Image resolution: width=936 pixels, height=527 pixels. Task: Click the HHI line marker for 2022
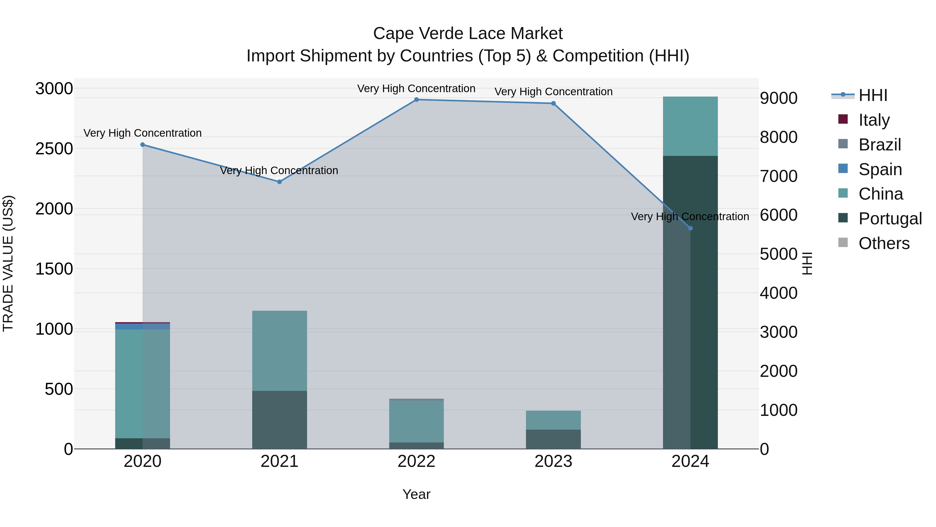(417, 100)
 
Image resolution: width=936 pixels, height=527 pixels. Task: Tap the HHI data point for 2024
(690, 228)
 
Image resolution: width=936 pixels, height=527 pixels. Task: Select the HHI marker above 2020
(142, 145)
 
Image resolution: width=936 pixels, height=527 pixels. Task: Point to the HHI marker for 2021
(279, 182)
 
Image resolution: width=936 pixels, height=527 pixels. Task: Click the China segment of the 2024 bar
(690, 126)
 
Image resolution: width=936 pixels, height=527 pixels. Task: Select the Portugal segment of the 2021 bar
(279, 420)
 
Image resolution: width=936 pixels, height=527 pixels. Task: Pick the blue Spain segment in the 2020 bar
(142, 326)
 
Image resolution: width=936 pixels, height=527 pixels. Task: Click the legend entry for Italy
(874, 120)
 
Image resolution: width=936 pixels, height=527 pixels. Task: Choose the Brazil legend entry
(879, 145)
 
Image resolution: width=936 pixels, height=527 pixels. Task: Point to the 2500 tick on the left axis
(54, 149)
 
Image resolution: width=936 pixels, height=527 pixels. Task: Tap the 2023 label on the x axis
(553, 461)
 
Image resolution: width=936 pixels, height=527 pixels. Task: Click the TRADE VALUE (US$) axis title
(8, 263)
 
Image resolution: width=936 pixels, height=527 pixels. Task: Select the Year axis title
(417, 494)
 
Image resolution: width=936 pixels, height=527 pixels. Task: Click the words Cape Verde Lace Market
(468, 34)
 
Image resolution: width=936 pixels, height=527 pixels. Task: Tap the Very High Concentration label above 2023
(553, 92)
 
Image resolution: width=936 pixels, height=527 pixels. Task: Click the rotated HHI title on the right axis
(807, 263)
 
